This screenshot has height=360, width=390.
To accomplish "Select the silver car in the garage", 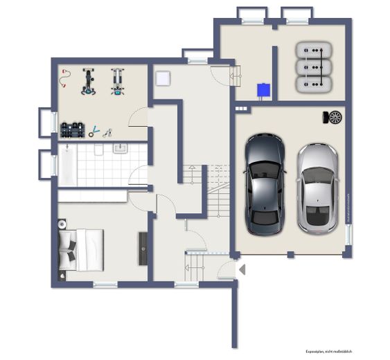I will tap(317, 188).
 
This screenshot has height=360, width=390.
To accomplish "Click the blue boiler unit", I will tap(263, 90).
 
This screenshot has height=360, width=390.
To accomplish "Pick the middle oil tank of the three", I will tap(315, 67).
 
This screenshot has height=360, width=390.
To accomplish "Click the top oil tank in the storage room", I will tap(315, 51).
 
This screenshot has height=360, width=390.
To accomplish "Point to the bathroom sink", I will tap(120, 148).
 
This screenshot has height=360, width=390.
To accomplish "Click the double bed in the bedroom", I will tap(82, 249).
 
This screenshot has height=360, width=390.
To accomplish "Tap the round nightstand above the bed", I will tap(62, 224).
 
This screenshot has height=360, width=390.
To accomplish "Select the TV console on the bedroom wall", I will tap(143, 248).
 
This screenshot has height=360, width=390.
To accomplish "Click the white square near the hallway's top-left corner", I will tap(162, 78).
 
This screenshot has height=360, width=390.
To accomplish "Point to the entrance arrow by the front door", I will tap(241, 269).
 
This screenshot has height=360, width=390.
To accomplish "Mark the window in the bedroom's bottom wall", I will tap(105, 284).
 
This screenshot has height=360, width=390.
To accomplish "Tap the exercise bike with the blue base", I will tap(89, 80).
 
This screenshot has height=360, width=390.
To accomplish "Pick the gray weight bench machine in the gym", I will tap(117, 80).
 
